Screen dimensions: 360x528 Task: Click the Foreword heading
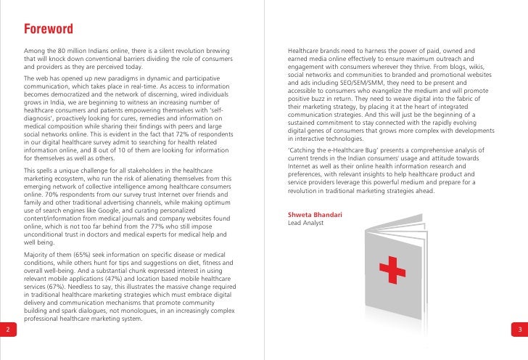pyautogui.click(x=49, y=30)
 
